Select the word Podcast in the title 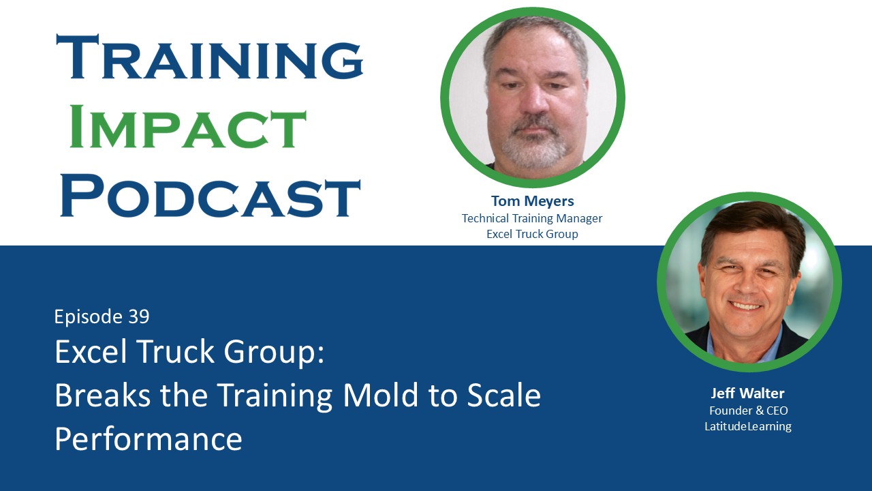click(210, 196)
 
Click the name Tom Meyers click(532, 201)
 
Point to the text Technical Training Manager click(532, 218)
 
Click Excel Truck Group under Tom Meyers click(532, 234)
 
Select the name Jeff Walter click(748, 393)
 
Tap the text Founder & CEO click(748, 411)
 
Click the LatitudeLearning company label click(748, 426)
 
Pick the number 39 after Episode click(138, 316)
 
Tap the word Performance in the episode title click(149, 439)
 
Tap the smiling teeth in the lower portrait click(747, 306)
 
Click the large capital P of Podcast click(80, 196)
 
